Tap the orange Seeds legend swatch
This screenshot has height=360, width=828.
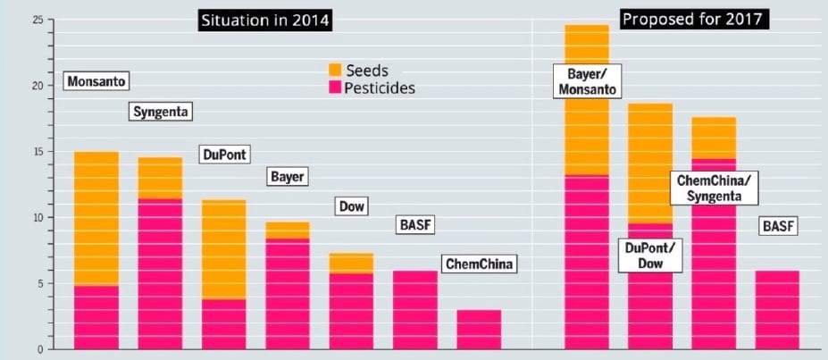[336, 70]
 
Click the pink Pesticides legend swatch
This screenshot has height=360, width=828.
[336, 88]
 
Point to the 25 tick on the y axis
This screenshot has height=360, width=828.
[28, 19]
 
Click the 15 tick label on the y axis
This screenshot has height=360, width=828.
[28, 151]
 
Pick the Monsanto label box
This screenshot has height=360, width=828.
[96, 82]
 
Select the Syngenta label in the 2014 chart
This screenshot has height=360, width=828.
[162, 112]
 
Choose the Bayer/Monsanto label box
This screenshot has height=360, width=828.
[586, 81]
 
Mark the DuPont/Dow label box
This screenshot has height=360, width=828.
[649, 256]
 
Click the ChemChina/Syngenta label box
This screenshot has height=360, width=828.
[713, 188]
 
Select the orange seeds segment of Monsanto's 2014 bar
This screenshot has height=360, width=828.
[96, 219]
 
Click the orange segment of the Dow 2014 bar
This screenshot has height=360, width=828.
[351, 263]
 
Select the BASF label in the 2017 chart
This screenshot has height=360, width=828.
[777, 227]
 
